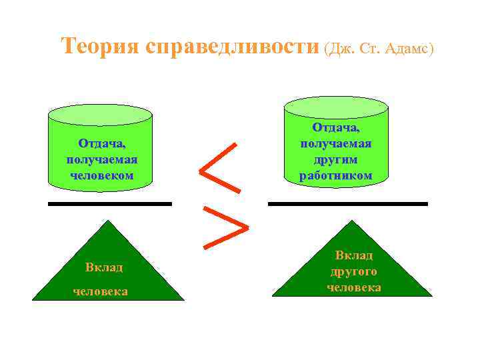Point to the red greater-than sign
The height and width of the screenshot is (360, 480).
coord(225,227)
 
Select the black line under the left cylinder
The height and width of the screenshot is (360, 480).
coord(110,203)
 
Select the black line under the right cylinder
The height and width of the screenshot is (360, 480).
coord(347,203)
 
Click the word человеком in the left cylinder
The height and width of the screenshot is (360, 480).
coord(101,175)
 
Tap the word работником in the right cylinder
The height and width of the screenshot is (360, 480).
coord(335,175)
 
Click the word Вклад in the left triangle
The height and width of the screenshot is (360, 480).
coord(104,267)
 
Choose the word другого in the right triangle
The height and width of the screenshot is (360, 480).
coord(353,271)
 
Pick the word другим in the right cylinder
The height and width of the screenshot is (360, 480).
coord(335,159)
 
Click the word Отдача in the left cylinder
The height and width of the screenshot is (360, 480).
coord(101,143)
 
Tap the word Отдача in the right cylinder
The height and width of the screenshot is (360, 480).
coord(335,127)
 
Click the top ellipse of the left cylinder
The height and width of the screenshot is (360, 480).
coord(101,114)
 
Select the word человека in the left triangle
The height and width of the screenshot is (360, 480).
coord(101,292)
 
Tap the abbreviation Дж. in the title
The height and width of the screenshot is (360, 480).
coord(339,49)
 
